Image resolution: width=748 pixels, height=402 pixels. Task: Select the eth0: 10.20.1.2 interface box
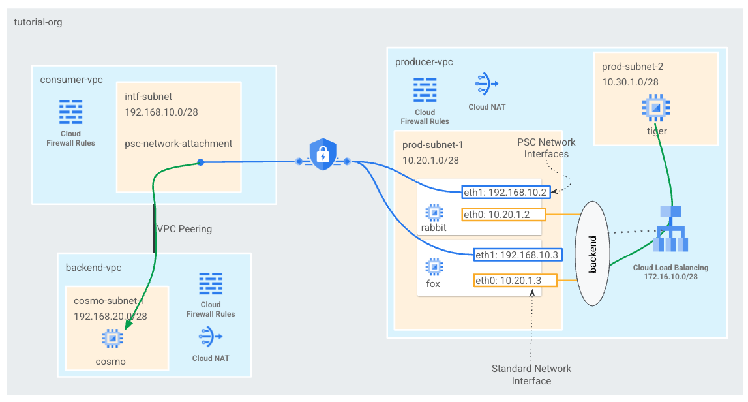(x=503, y=214)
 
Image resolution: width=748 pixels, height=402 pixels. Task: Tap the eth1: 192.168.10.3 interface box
(x=516, y=255)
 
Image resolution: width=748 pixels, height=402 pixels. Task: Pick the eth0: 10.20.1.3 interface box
(x=515, y=281)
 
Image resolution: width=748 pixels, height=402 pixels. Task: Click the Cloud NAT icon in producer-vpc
(x=486, y=84)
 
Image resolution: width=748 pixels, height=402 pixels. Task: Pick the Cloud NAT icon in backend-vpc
(x=211, y=337)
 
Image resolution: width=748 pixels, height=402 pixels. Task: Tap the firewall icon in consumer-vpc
(x=70, y=113)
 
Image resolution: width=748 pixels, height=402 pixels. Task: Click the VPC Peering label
(x=184, y=229)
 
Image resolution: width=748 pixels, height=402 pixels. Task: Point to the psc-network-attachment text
(x=178, y=144)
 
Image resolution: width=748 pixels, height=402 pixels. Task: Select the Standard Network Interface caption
(x=531, y=375)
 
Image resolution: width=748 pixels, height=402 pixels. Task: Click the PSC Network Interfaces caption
(x=546, y=148)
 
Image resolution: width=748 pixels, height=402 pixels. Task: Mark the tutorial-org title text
(x=38, y=22)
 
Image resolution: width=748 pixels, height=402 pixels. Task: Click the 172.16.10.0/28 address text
(x=670, y=277)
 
